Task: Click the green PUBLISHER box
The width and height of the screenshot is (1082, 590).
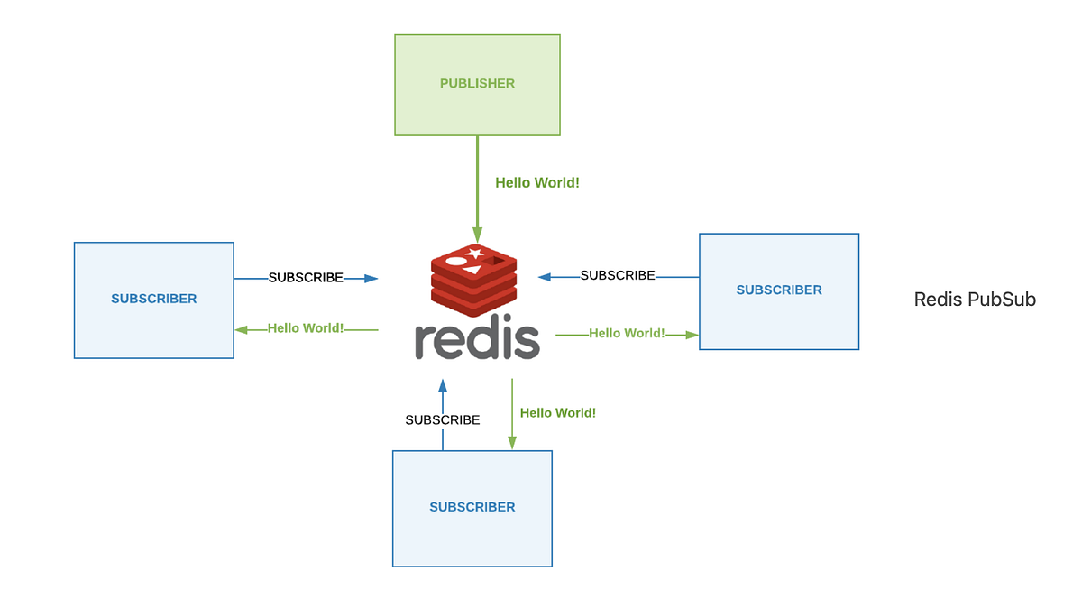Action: (477, 85)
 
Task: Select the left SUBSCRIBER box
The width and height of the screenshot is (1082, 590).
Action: (153, 300)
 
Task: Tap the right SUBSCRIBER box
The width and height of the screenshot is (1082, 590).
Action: (779, 290)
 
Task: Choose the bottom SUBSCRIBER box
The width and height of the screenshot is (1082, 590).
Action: (472, 508)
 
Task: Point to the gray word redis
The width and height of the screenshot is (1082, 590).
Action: (477, 339)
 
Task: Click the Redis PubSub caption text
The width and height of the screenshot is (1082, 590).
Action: (975, 300)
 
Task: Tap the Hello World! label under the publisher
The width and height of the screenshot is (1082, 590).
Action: (537, 182)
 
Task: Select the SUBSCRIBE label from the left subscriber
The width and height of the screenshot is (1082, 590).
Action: (306, 278)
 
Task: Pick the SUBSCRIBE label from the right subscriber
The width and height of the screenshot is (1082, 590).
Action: (618, 275)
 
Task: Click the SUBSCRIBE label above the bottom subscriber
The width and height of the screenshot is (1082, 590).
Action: (442, 420)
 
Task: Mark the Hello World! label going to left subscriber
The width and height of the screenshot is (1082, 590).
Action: (306, 328)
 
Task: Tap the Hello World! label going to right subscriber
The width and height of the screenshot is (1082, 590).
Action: (627, 334)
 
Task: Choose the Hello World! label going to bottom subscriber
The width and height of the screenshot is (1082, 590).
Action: (558, 413)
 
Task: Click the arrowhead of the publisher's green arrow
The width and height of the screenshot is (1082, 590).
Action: (477, 235)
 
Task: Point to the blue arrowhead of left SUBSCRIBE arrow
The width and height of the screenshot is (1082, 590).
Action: (371, 279)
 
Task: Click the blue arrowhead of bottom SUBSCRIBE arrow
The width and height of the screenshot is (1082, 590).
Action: (442, 385)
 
